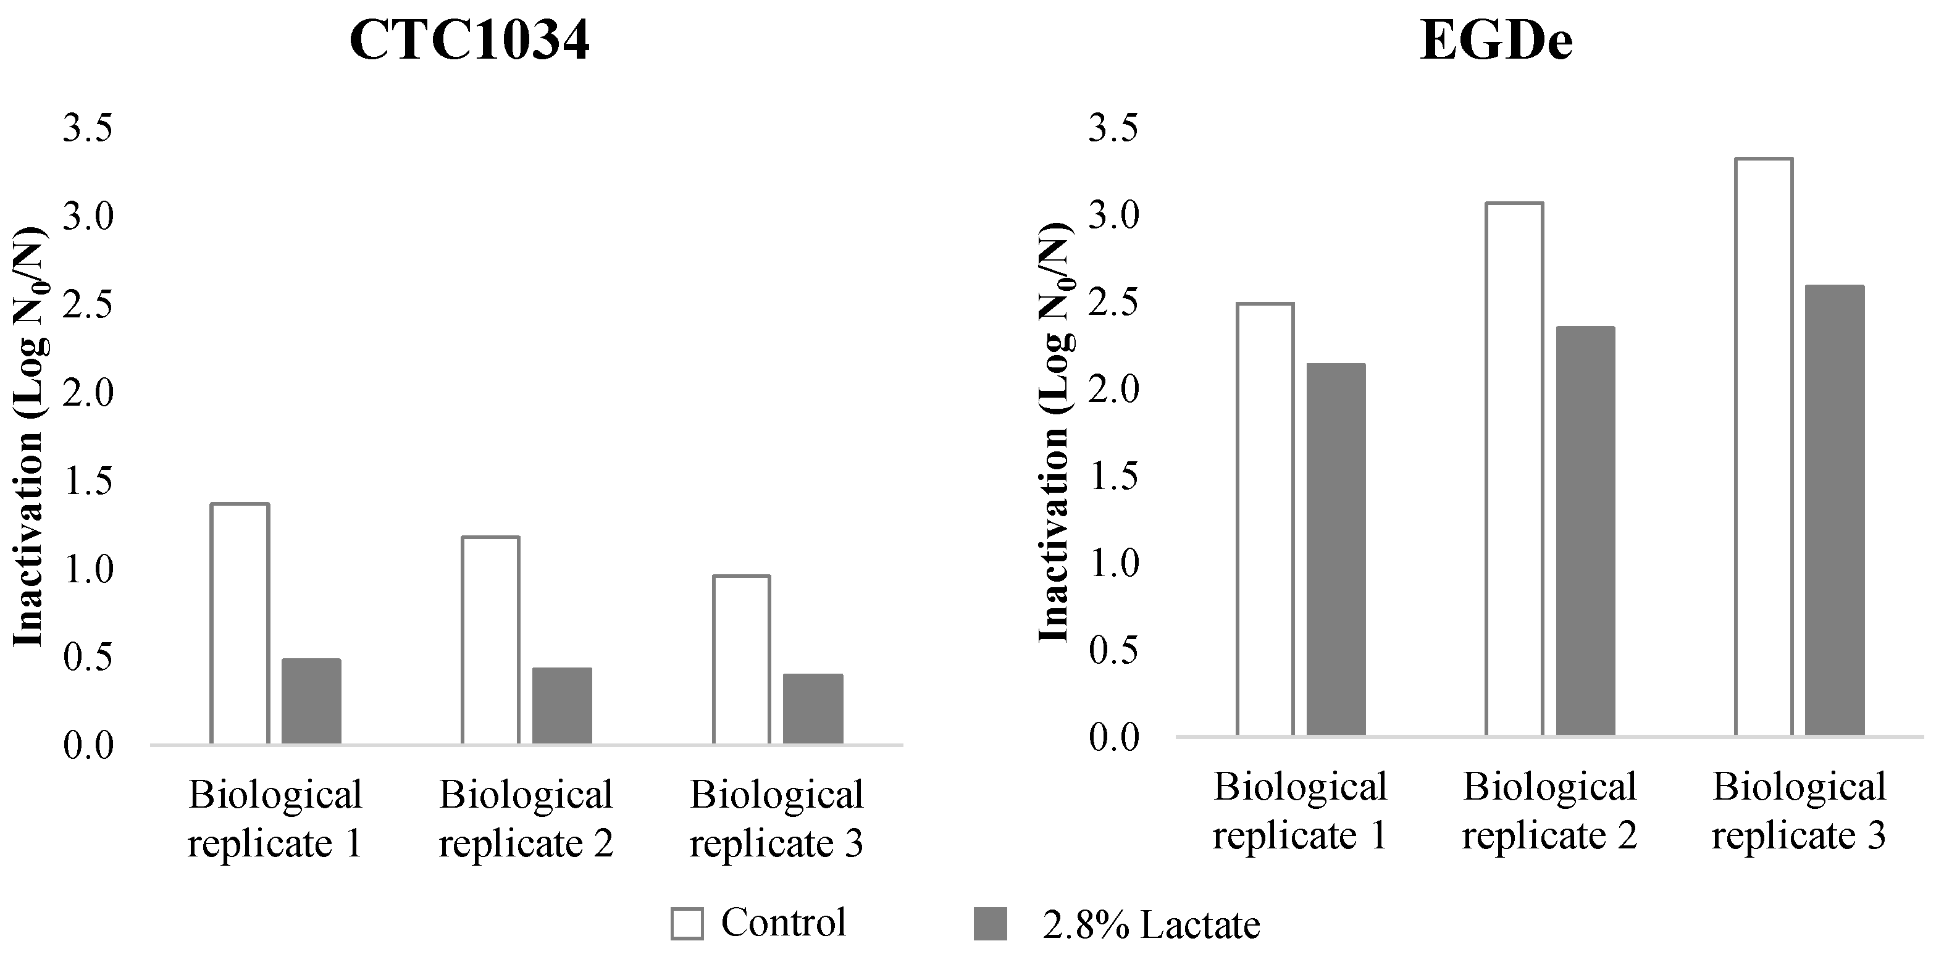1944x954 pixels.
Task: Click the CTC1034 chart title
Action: click(x=469, y=41)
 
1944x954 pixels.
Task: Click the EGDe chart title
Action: click(x=1496, y=41)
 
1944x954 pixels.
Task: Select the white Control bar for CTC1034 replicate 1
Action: click(x=240, y=624)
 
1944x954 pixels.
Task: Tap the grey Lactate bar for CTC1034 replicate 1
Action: click(x=311, y=701)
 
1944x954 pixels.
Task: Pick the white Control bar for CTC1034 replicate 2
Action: click(x=490, y=640)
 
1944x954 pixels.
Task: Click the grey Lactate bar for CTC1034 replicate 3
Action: click(x=813, y=709)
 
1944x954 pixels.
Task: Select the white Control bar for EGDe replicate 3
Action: click(x=1764, y=447)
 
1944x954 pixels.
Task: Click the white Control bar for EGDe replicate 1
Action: click(x=1265, y=519)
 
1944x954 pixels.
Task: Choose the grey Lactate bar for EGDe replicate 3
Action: click(x=1835, y=510)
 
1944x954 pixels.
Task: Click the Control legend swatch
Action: click(x=687, y=923)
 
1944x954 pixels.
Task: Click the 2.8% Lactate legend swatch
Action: click(x=990, y=923)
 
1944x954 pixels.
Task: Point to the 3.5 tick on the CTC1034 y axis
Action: click(x=88, y=128)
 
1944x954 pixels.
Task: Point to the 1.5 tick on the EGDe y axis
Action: click(x=1113, y=477)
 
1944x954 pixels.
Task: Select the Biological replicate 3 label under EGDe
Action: click(x=1799, y=811)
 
